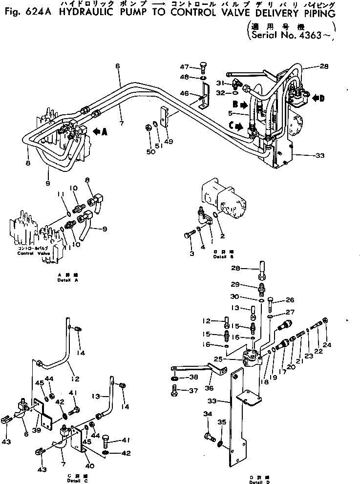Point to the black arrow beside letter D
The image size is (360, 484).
click(x=318, y=99)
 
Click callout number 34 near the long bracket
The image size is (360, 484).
click(x=207, y=414)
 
